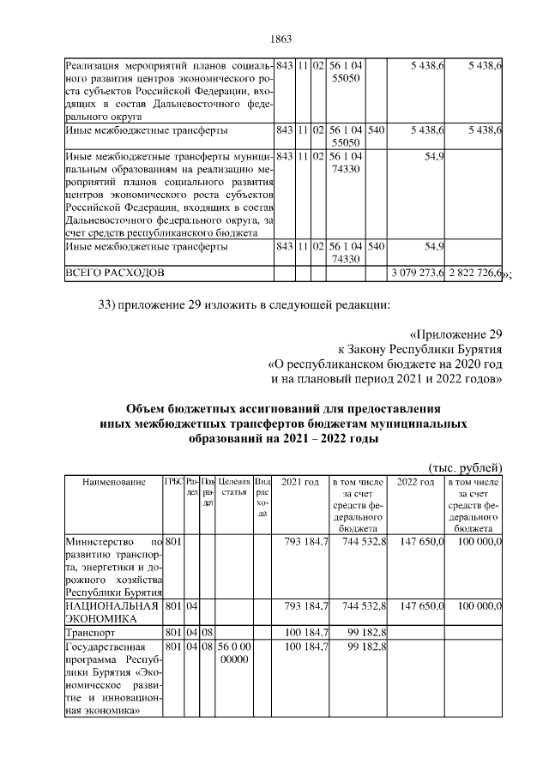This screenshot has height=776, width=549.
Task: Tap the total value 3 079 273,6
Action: click(416, 273)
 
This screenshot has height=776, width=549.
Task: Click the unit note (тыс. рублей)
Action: click(465, 466)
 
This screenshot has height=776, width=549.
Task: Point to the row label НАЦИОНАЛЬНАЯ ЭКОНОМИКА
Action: click(112, 611)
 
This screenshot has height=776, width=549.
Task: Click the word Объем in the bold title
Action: click(146, 408)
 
